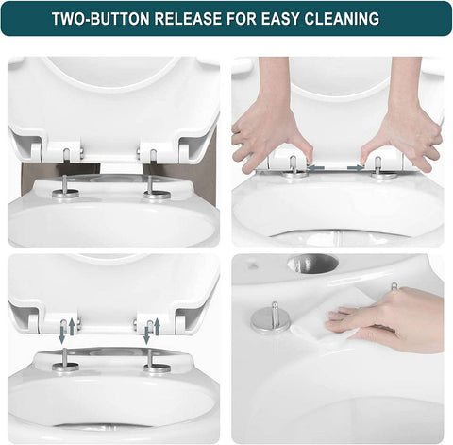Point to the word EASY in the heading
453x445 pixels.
click(x=282, y=19)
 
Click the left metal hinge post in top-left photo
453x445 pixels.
click(x=65, y=185)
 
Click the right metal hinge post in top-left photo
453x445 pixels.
click(x=155, y=185)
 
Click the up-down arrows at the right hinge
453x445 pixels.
click(x=151, y=330)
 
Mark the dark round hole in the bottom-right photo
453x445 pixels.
click(x=312, y=264)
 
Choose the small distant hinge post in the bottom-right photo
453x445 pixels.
click(x=394, y=285)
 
